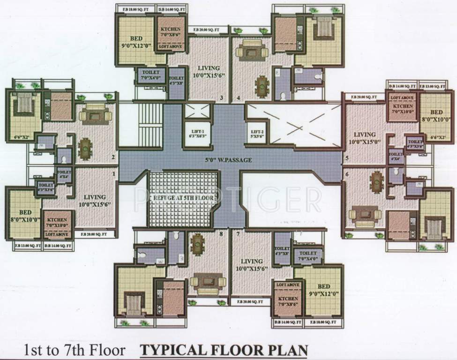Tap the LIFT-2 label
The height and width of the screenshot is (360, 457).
[257, 134]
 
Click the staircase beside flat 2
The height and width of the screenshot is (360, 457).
[150, 124]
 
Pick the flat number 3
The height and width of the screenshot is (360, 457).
[222, 98]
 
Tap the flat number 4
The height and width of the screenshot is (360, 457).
[239, 98]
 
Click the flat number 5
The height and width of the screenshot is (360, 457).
[347, 158]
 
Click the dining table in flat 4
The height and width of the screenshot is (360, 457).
[261, 86]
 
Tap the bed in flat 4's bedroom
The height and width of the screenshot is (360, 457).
[323, 27]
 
